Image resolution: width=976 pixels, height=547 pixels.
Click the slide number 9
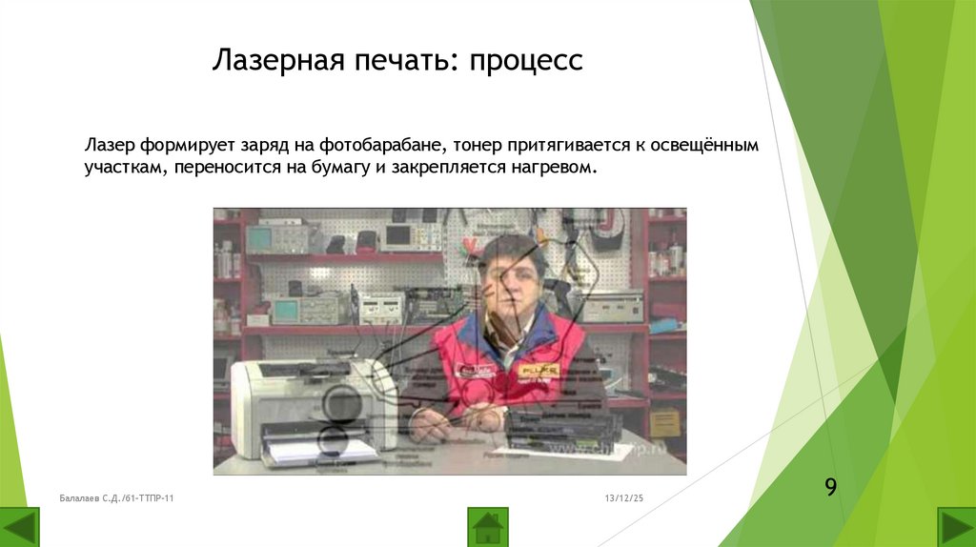pyautogui.click(x=830, y=488)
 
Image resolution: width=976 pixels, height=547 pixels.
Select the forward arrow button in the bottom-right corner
pyautogui.click(x=956, y=527)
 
